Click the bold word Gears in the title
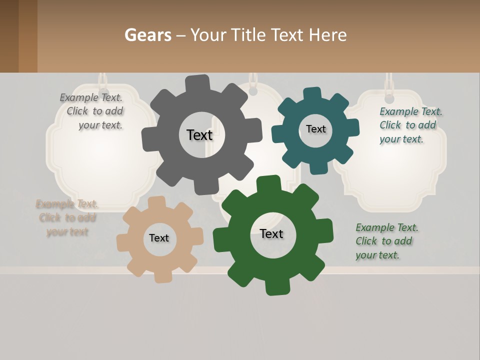click(x=147, y=35)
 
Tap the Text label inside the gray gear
click(x=199, y=135)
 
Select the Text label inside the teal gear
click(x=315, y=129)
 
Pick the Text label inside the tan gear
click(x=159, y=238)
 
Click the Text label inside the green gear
click(x=271, y=233)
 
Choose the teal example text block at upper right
click(x=410, y=125)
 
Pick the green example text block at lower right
click(x=386, y=241)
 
